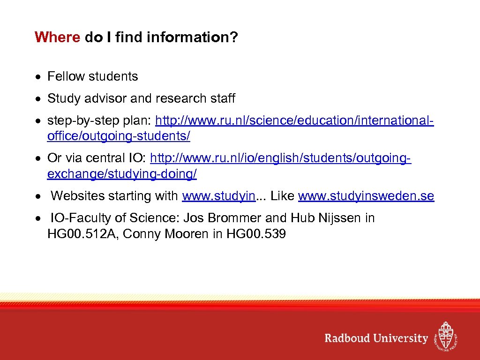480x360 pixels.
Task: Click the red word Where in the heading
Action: tap(58, 37)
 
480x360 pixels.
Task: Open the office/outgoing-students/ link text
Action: tap(119, 136)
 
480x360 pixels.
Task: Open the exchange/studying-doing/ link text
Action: tap(122, 174)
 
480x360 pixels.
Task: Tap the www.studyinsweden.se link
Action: tap(366, 196)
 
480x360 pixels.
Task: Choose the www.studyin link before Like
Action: tap(218, 196)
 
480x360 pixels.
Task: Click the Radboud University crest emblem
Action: tap(445, 336)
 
